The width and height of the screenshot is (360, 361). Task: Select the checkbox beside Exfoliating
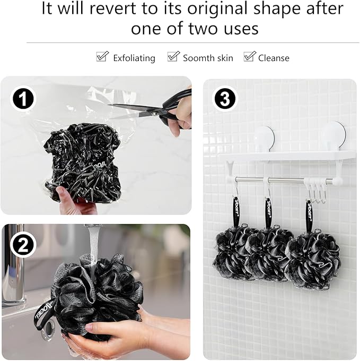(x=102, y=57)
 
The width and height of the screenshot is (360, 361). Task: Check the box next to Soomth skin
(x=173, y=57)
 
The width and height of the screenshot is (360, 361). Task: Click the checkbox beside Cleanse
(x=249, y=57)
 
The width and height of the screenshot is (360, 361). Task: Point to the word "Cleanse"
(x=274, y=58)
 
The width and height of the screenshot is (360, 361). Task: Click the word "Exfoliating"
(x=134, y=58)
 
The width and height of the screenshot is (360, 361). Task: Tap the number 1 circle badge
(x=23, y=99)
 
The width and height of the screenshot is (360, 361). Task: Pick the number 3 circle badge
(x=225, y=99)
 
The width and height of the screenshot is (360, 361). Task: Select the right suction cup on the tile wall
(x=333, y=135)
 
